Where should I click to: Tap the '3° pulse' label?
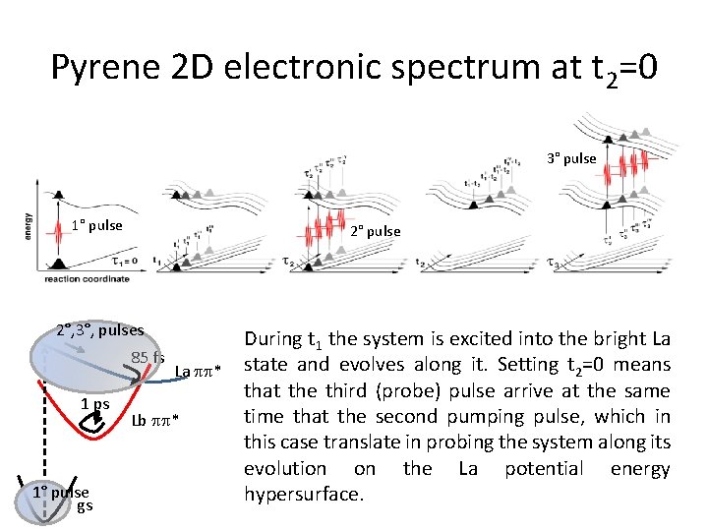pyautogui.click(x=571, y=158)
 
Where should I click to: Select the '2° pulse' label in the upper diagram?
pyautogui.click(x=376, y=231)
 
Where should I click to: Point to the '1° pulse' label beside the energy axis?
pyautogui.click(x=96, y=225)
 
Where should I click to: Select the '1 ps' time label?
pyautogui.click(x=94, y=403)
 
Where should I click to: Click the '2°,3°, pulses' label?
pyautogui.click(x=99, y=330)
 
